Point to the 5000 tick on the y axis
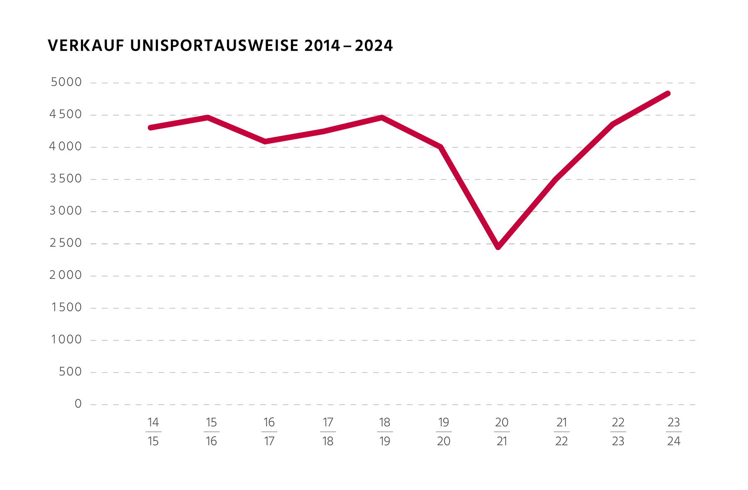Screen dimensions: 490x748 tap(66, 82)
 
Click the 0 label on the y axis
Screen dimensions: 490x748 tap(78, 404)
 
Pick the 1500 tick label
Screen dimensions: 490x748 tap(66, 308)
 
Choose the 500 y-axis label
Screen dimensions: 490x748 tap(71, 372)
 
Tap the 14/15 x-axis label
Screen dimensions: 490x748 tap(153, 432)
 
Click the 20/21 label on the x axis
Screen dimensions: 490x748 tap(502, 432)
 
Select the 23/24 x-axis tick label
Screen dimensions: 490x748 tap(674, 432)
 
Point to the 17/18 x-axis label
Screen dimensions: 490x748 tap(328, 432)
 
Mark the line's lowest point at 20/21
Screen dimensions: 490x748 tap(498, 247)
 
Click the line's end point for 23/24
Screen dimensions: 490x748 tap(668, 94)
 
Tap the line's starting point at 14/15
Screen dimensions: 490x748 tap(150, 128)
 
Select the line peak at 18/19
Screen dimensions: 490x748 tap(382, 118)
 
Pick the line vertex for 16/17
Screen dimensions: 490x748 tap(266, 142)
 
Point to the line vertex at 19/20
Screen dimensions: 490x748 tap(440, 147)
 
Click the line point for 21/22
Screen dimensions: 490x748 tap(556, 179)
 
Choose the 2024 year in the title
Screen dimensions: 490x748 tap(374, 46)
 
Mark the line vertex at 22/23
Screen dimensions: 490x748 tap(613, 124)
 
